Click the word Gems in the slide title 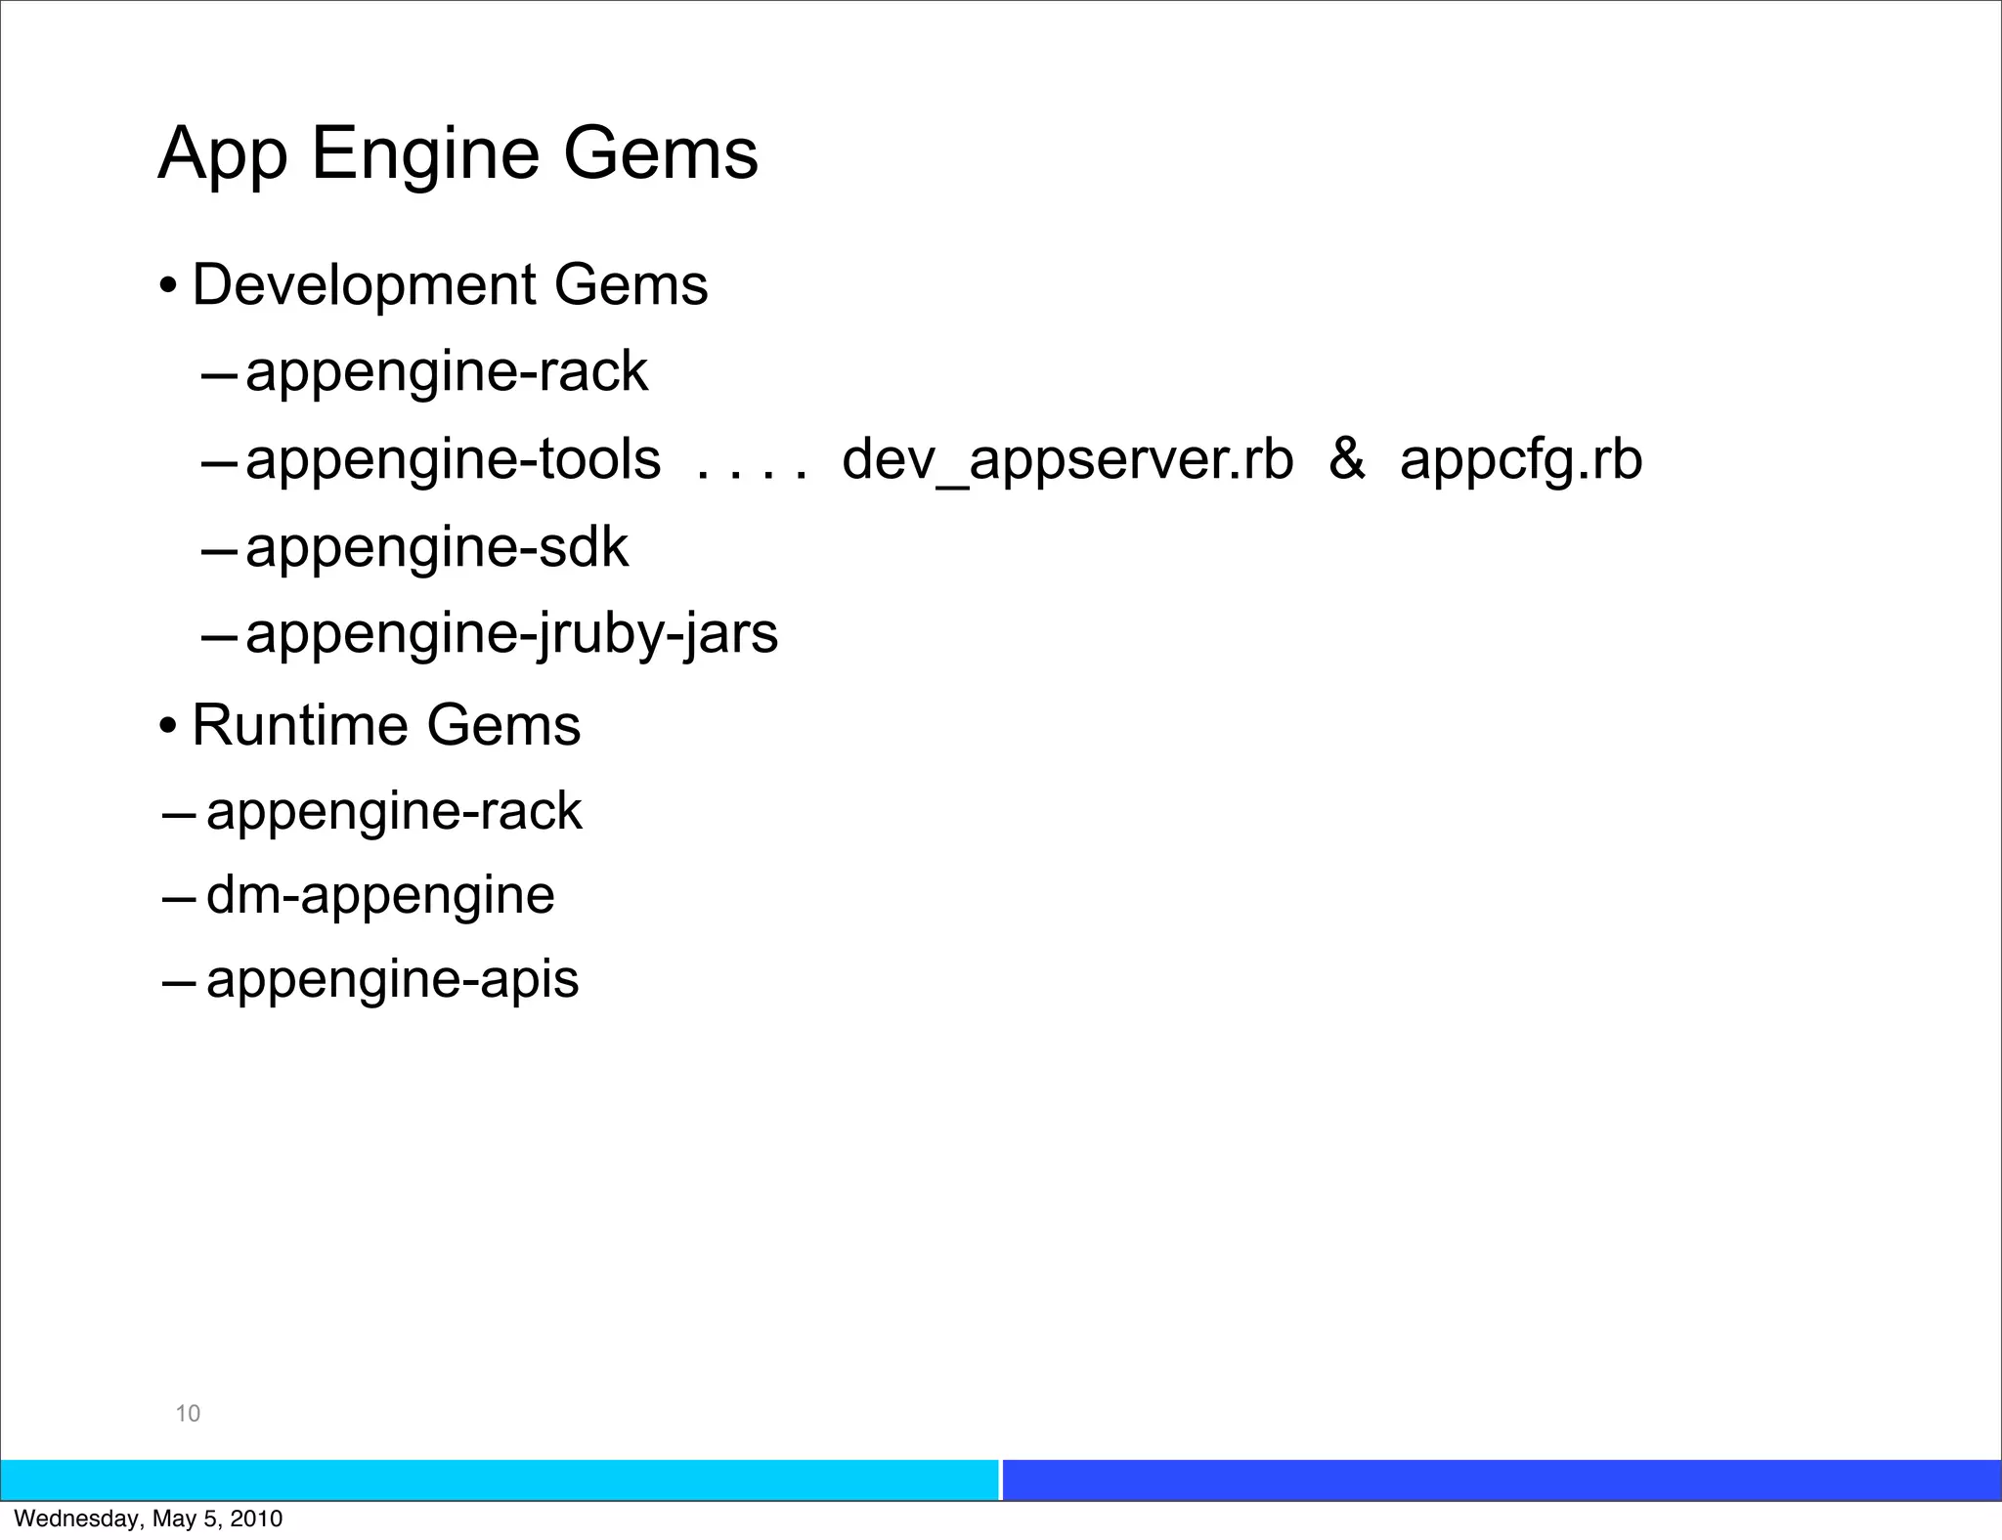click(660, 153)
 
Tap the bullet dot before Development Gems click(168, 287)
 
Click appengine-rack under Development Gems click(446, 372)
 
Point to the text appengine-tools click(453, 460)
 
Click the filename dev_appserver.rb click(1066, 460)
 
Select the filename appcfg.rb click(1520, 460)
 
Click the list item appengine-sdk click(436, 548)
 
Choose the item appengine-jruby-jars click(511, 635)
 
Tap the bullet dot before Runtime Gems click(168, 727)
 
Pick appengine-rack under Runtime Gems click(394, 812)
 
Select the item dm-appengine click(380, 896)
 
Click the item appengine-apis click(392, 980)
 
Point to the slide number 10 click(188, 1413)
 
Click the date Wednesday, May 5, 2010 click(149, 1519)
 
